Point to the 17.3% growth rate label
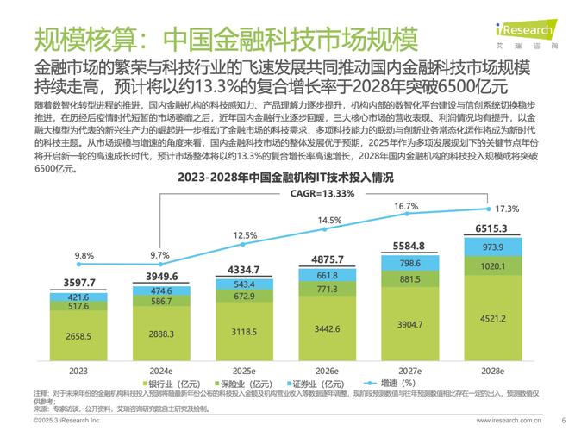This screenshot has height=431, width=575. (508, 209)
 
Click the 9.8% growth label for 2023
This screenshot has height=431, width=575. (84, 256)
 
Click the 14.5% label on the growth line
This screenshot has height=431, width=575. (329, 221)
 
